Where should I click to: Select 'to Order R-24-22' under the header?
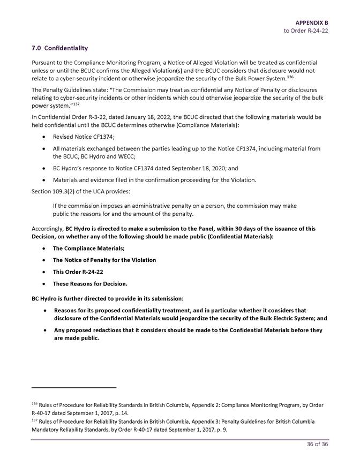[x=306, y=31]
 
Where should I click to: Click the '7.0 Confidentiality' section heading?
[x=59, y=48]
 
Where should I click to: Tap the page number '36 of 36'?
[x=317, y=444]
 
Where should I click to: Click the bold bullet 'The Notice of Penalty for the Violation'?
[x=104, y=260]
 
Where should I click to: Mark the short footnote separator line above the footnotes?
[x=74, y=387]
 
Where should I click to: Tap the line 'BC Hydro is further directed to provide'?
[x=108, y=298]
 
